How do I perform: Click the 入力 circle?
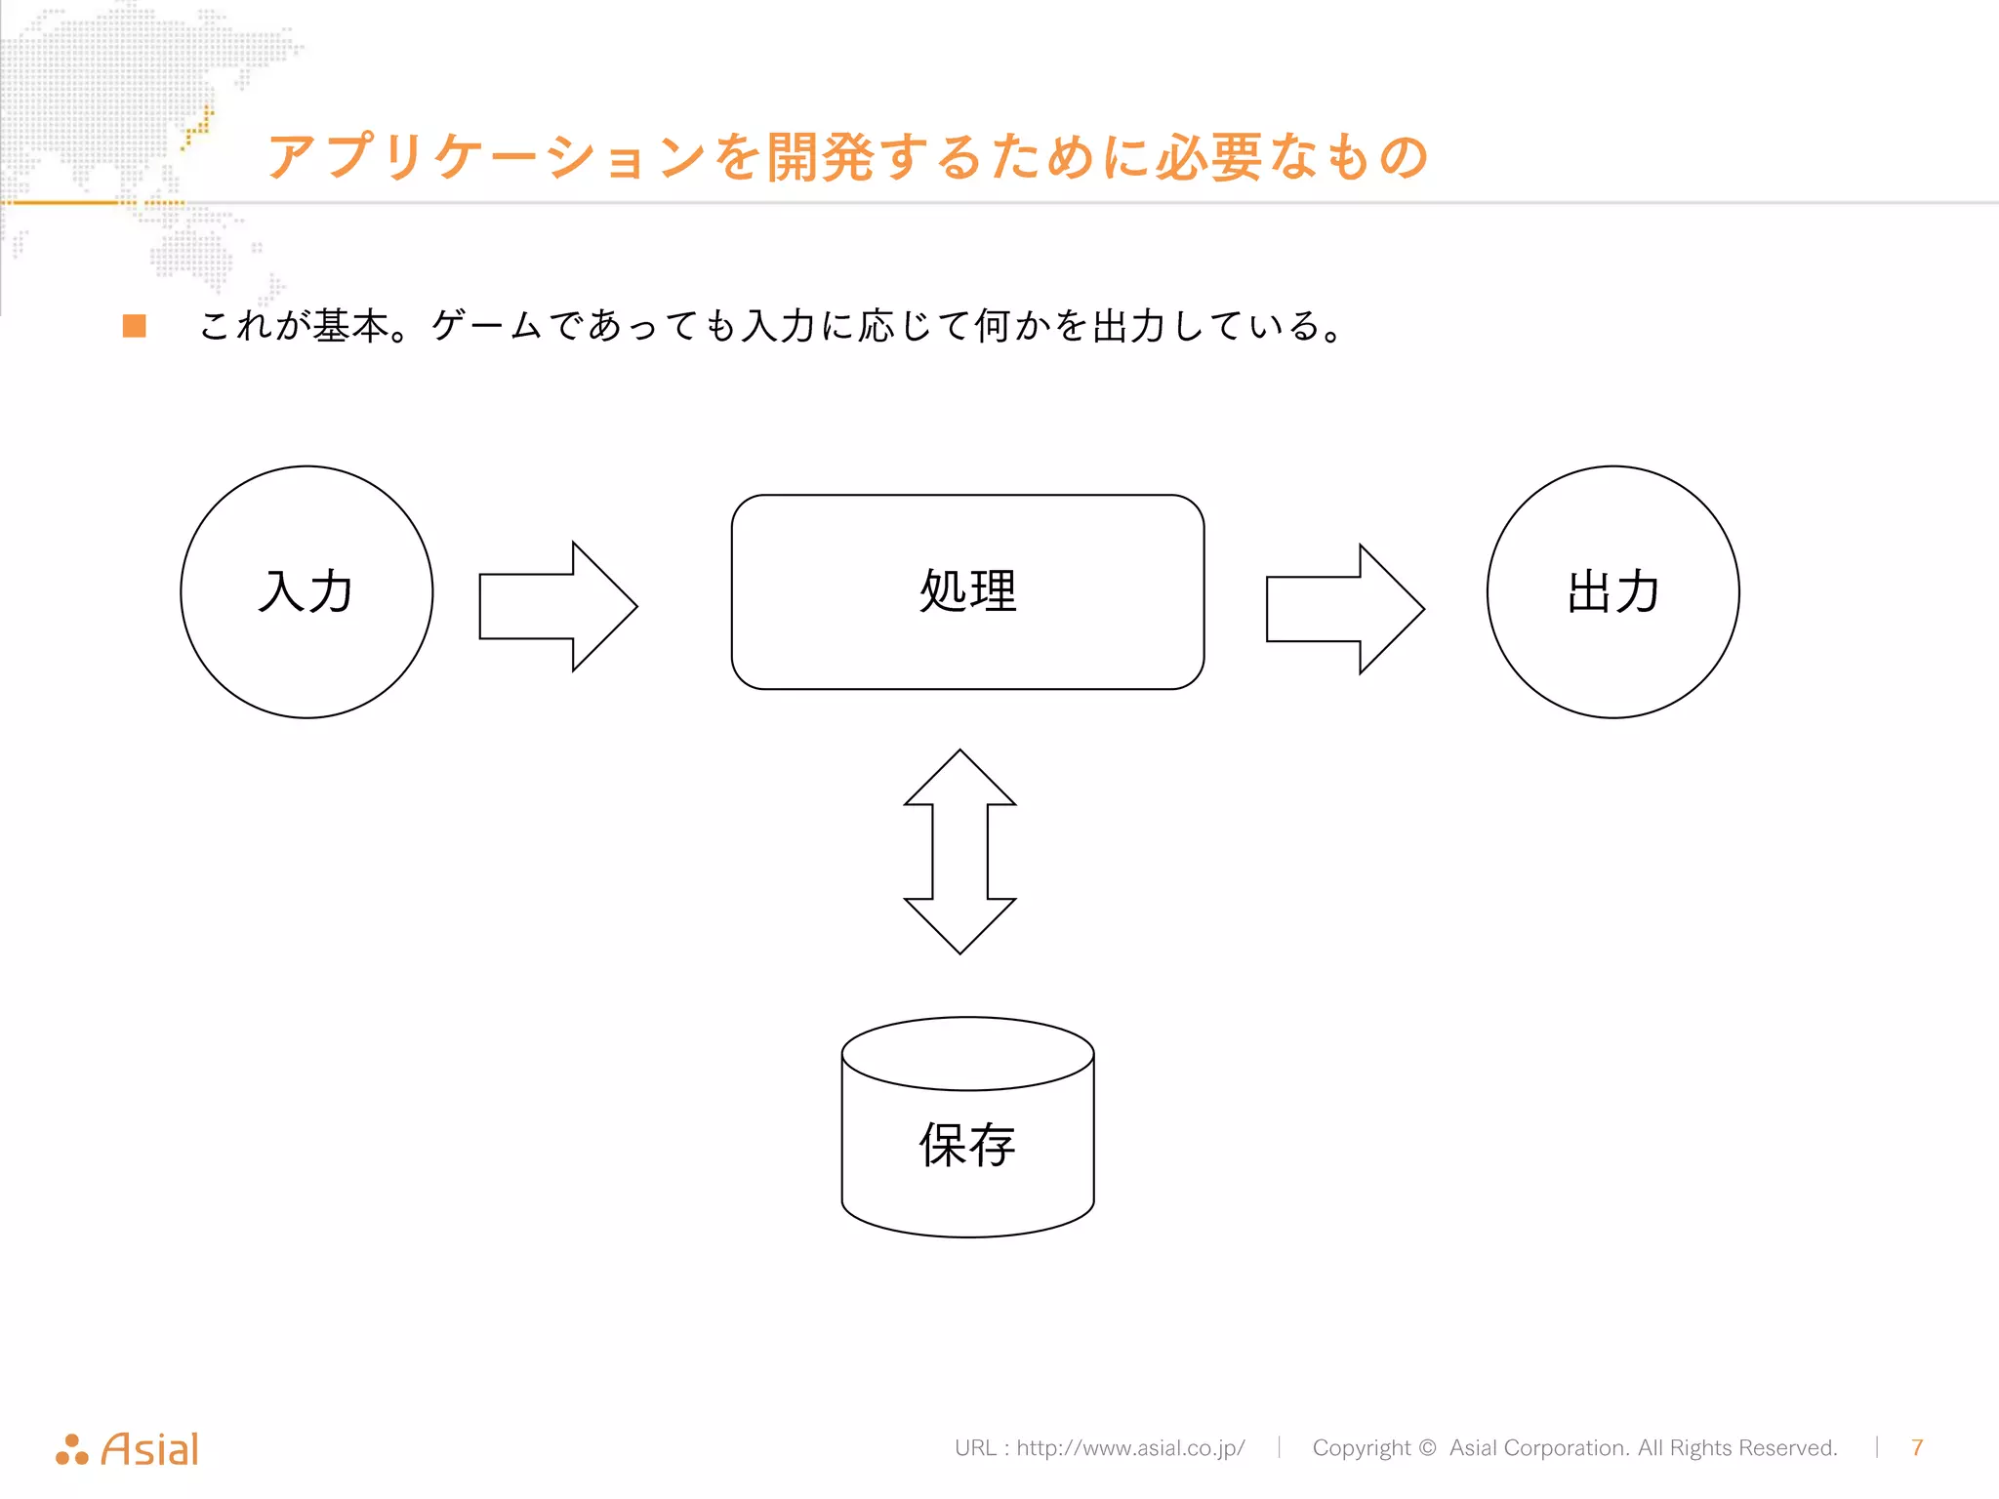[306, 591]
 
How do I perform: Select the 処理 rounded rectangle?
[967, 591]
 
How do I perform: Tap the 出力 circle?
[1612, 591]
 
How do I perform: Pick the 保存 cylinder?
[967, 1132]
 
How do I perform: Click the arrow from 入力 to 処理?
[556, 606]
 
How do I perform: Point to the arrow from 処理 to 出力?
[1344, 609]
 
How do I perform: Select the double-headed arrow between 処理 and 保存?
[959, 851]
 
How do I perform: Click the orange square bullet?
[135, 326]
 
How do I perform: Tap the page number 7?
[1917, 1447]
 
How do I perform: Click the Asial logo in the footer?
[128, 1449]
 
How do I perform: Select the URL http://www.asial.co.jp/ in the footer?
[1130, 1447]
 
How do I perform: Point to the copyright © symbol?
[1427, 1447]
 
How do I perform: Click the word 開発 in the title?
[820, 157]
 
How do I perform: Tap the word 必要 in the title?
[1209, 157]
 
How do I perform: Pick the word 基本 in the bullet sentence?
[350, 326]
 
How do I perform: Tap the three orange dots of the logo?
[72, 1450]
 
